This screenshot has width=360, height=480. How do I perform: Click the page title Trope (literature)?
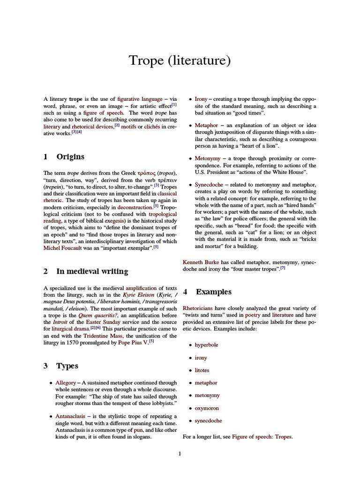[x=180, y=61]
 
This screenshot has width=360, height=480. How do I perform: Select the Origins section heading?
[x=70, y=157]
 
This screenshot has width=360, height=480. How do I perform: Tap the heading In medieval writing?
[x=92, y=271]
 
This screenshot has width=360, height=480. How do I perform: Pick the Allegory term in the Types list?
[x=65, y=383]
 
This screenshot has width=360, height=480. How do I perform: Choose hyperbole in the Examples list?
[x=206, y=345]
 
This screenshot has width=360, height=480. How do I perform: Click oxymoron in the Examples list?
[x=207, y=408]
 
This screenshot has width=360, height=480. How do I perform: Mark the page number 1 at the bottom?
[x=180, y=454]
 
